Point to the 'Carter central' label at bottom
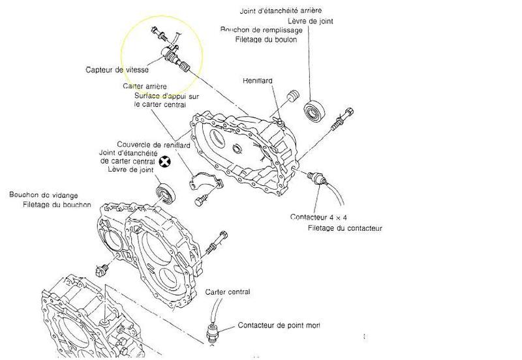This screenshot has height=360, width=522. click(x=227, y=292)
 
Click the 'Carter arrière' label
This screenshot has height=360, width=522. click(x=145, y=86)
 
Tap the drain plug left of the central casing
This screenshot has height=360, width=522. click(x=102, y=269)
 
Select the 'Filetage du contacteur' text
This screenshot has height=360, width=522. click(x=345, y=228)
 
